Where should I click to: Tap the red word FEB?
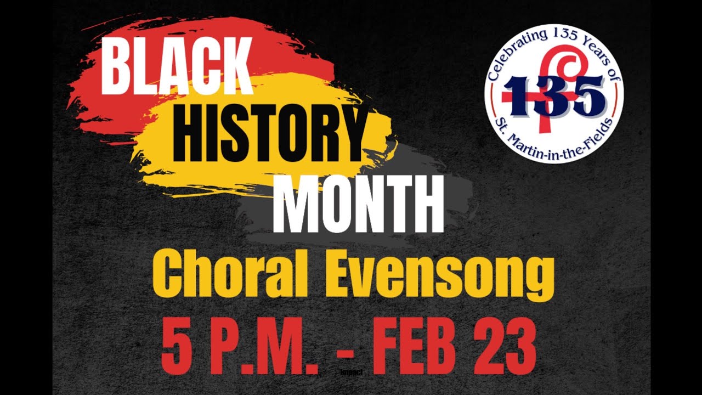pyautogui.click(x=404, y=347)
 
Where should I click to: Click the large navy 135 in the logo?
pyautogui.click(x=554, y=97)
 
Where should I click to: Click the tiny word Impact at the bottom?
pyautogui.click(x=352, y=372)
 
